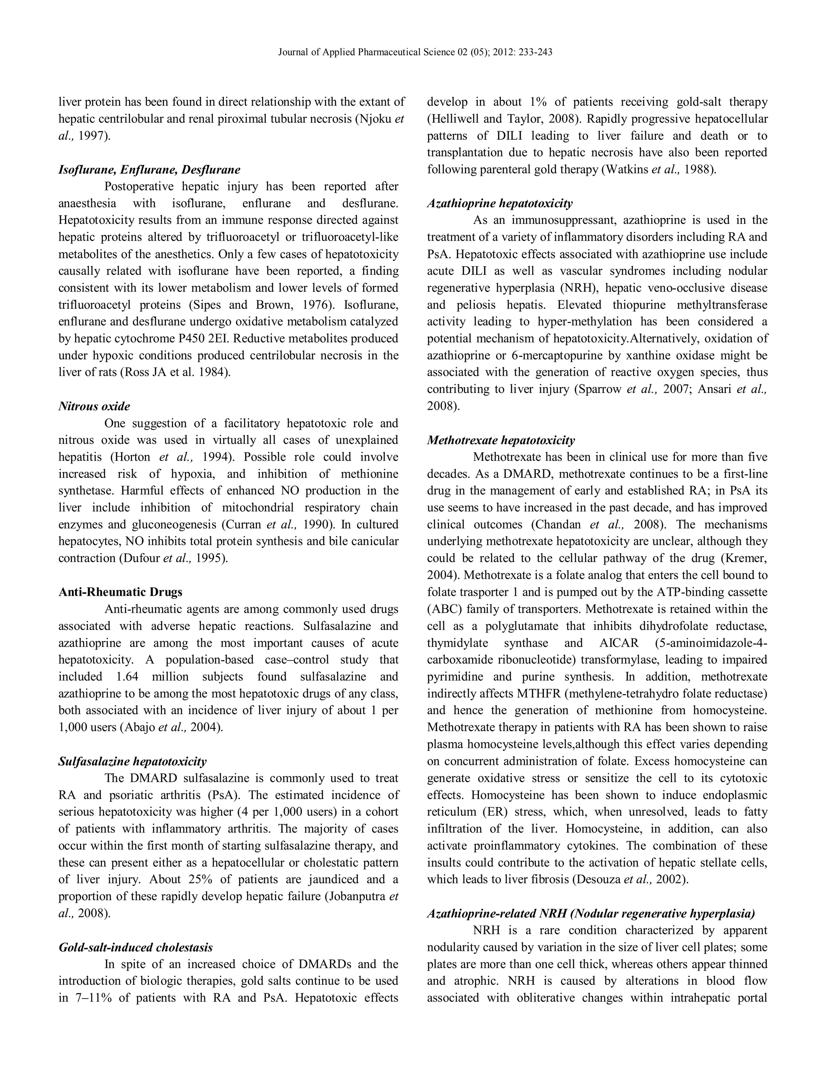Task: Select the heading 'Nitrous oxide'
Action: (x=94, y=406)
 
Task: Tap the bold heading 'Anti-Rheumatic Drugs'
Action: (x=120, y=592)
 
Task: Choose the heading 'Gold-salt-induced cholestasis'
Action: (x=136, y=947)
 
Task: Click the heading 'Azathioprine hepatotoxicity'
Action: (x=500, y=203)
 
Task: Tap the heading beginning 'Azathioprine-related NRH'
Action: (x=590, y=913)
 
